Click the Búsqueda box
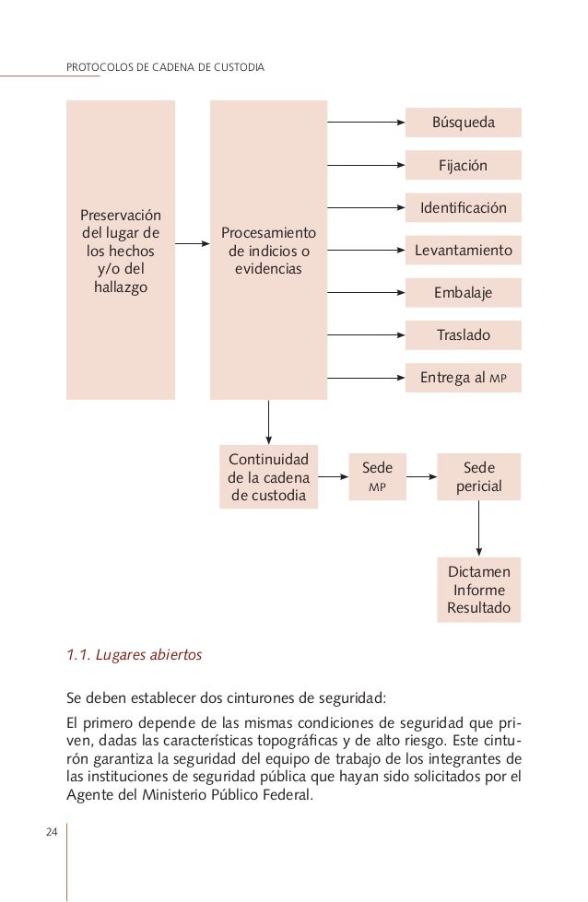[463, 123]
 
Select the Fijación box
[463, 166]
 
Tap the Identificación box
[463, 208]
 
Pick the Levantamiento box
[463, 251]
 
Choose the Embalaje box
[463, 293]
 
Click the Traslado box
[463, 335]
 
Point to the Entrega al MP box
[463, 378]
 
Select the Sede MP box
[377, 476]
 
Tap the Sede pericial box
[478, 476]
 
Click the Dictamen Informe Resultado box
[478, 590]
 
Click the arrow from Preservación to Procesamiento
[193, 244]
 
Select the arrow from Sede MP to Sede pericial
[421, 477]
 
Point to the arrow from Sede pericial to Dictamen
[478, 528]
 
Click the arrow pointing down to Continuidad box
[268, 422]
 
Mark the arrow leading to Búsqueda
[366, 123]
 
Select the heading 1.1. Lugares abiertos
[135, 656]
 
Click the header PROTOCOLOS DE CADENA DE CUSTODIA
[167, 68]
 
